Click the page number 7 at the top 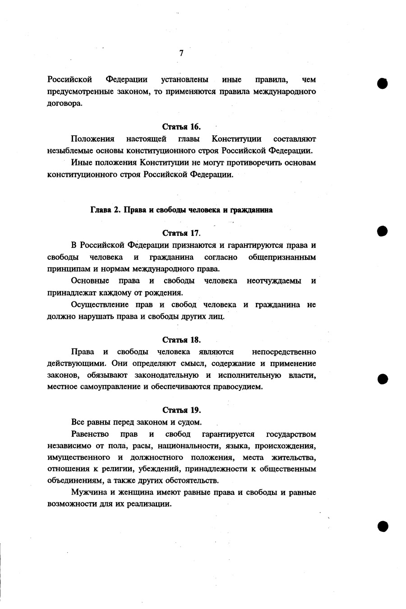181,53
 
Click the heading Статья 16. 181,127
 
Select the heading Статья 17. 181,233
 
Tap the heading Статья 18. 181,340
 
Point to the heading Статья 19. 181,410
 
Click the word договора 65,103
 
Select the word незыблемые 67,150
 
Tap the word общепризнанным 282,257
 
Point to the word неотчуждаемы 274,281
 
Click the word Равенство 90,435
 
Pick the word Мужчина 88,492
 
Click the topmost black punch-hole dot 383,83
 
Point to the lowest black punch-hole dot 383,525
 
